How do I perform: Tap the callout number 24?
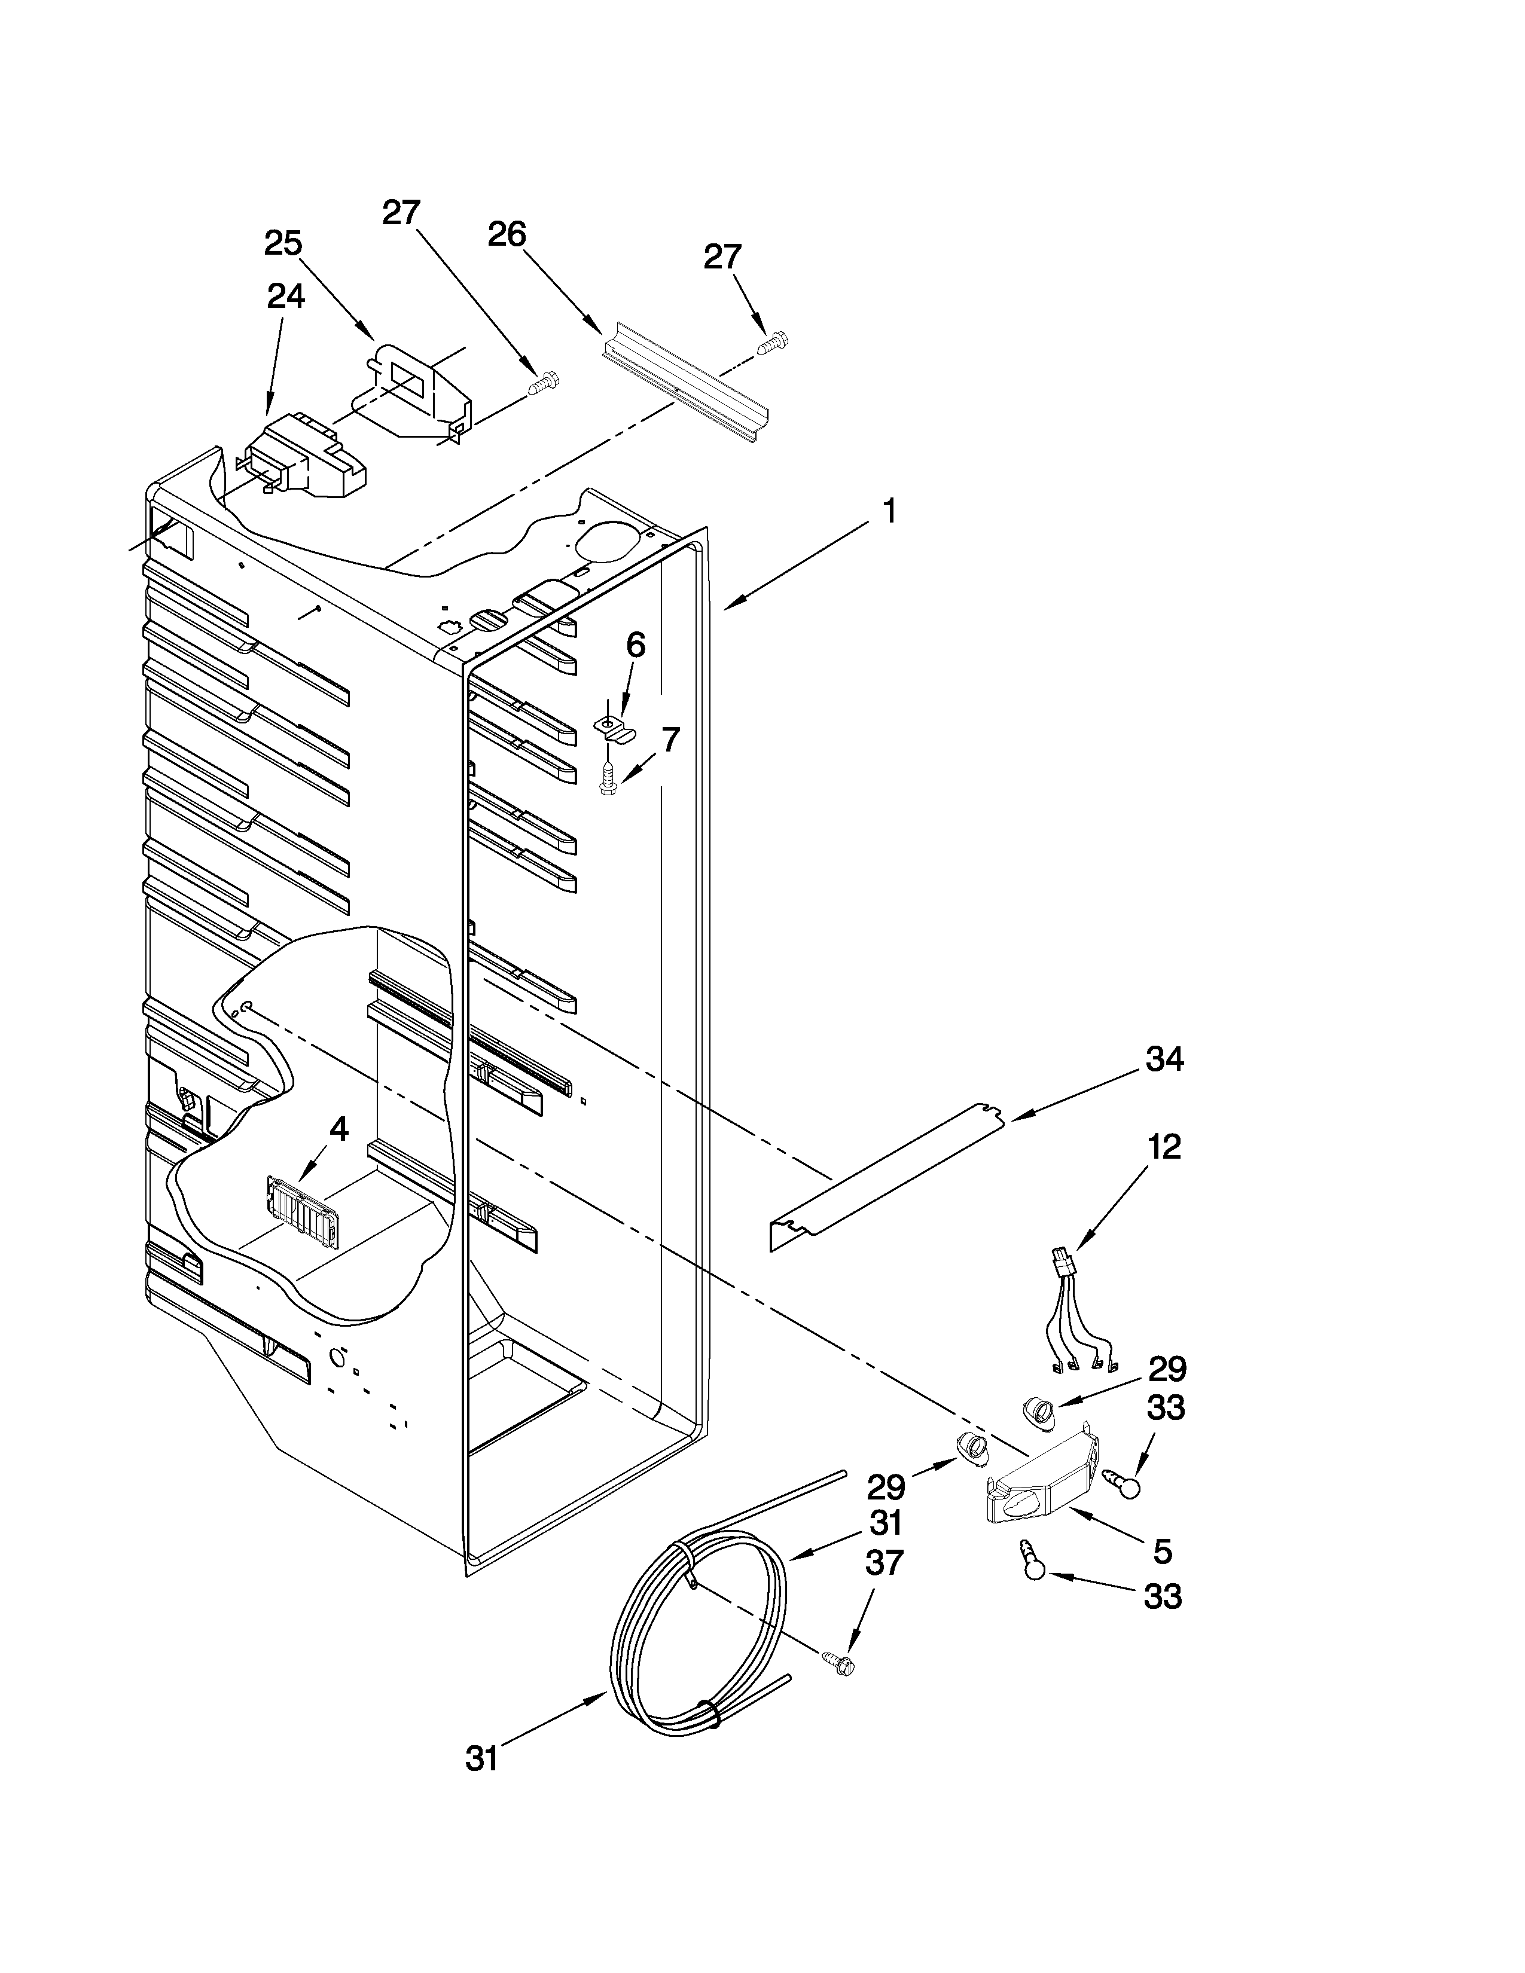[x=285, y=297]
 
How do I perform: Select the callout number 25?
[x=283, y=243]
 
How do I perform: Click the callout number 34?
[x=1164, y=1059]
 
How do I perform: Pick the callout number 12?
[x=1164, y=1147]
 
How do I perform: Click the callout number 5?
[x=1163, y=1552]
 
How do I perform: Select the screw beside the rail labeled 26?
[x=773, y=343]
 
